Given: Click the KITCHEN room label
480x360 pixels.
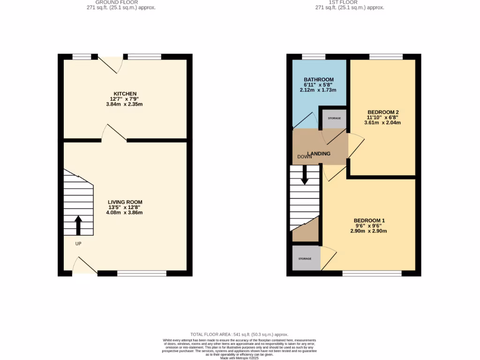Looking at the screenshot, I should [125, 94].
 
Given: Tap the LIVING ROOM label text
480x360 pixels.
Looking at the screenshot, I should [125, 202].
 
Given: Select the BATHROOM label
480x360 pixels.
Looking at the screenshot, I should [319, 79].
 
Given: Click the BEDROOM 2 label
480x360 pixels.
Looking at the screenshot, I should [382, 112].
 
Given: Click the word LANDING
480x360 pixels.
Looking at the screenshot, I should [319, 154].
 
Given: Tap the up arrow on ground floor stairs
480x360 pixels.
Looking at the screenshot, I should [78, 225].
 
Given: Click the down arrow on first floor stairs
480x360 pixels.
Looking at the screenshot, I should [305, 175].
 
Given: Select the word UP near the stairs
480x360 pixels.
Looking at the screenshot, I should [78, 244].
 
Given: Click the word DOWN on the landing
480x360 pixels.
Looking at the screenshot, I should [305, 157].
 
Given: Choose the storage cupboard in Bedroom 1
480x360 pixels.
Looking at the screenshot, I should [306, 258].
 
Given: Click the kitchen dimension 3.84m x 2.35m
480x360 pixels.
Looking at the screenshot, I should [125, 104].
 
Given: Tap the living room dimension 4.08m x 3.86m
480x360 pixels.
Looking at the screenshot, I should [125, 212].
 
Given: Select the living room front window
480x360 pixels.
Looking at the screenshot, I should [142, 273].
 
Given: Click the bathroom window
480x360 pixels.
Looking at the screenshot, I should [314, 57].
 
